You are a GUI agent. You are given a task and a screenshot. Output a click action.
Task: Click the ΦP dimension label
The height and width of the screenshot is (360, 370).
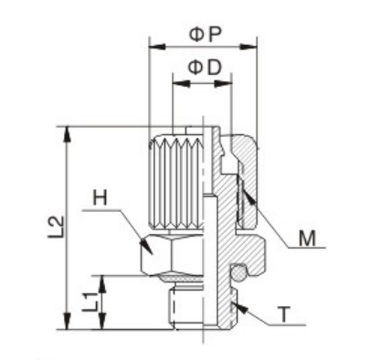pyautogui.click(x=205, y=35)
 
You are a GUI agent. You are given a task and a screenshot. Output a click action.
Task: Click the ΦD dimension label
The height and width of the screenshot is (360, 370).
pyautogui.click(x=204, y=68)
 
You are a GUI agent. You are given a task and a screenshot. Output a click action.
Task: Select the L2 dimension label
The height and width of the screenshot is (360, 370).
pyautogui.click(x=56, y=228)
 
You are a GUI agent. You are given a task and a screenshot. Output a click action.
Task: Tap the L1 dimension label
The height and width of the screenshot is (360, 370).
pyautogui.click(x=90, y=302)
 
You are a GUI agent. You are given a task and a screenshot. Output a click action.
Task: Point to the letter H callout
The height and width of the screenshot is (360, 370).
pyautogui.click(x=100, y=197)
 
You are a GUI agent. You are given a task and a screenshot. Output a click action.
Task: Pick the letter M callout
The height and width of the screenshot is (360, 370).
pyautogui.click(x=307, y=238)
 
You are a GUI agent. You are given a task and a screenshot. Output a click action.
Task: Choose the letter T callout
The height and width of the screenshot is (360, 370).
pyautogui.click(x=284, y=314)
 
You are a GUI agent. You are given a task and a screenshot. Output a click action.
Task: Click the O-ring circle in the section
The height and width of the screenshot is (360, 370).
pyautogui.click(x=238, y=273)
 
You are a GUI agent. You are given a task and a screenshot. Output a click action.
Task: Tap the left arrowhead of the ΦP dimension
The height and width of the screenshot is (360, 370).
pyautogui.click(x=157, y=47)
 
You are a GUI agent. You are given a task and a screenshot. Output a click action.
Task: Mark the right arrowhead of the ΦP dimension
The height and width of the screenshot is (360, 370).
pyautogui.click(x=248, y=47)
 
